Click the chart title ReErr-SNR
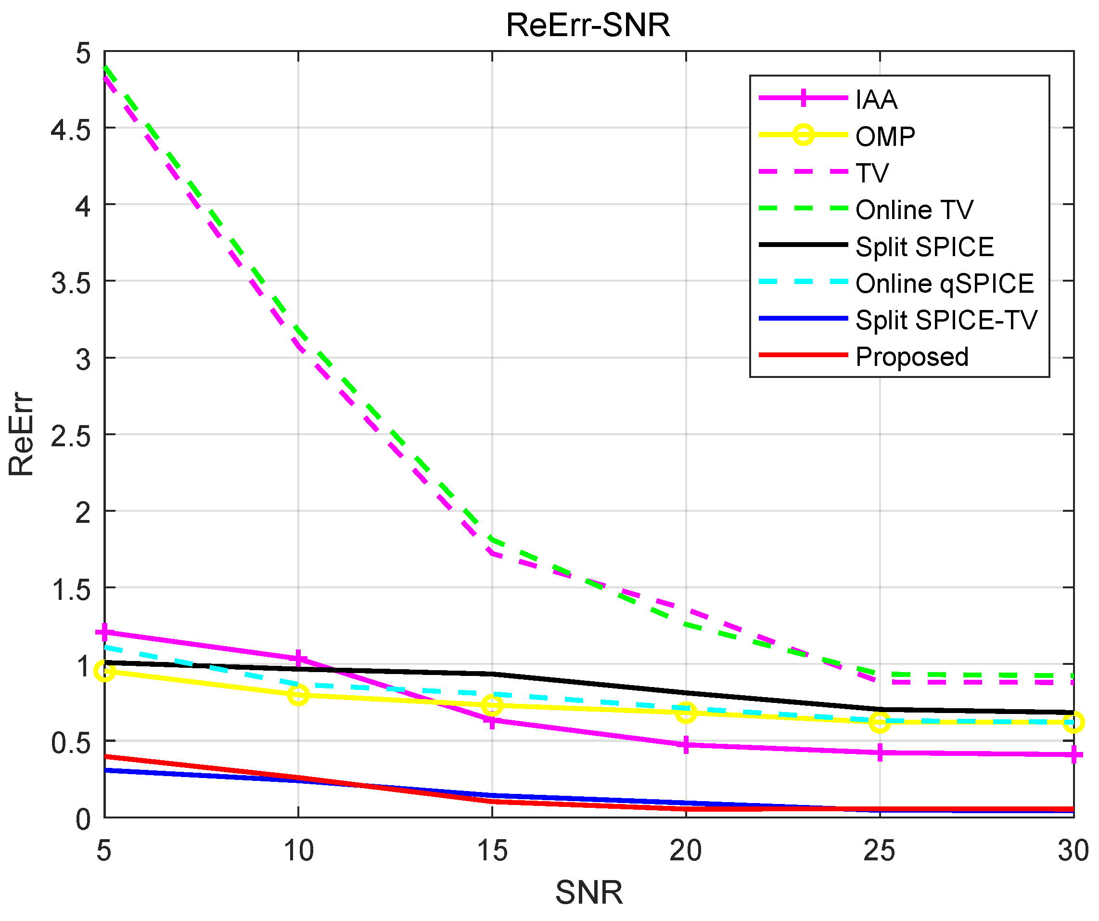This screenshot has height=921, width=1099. click(x=588, y=25)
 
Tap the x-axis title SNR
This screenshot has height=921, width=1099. click(x=589, y=893)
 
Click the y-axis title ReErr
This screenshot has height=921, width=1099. click(x=21, y=434)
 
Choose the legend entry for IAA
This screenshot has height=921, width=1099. click(x=876, y=100)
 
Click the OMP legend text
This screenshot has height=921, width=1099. click(x=885, y=136)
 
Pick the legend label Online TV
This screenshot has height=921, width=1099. click(x=914, y=209)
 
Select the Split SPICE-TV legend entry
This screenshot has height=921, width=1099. click(x=946, y=319)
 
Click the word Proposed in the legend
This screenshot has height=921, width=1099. click(x=912, y=357)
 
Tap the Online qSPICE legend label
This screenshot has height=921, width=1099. click(x=944, y=283)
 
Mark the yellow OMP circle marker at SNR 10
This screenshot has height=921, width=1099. click(x=298, y=695)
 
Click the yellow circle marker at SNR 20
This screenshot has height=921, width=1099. click(x=686, y=713)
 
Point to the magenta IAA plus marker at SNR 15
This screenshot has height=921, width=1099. click(x=492, y=721)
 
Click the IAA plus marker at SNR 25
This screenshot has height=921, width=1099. click(x=880, y=753)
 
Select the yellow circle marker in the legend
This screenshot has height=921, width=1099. click(x=803, y=135)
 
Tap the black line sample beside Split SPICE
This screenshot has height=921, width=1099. click(x=803, y=245)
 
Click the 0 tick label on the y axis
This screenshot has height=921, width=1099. click(x=83, y=819)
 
